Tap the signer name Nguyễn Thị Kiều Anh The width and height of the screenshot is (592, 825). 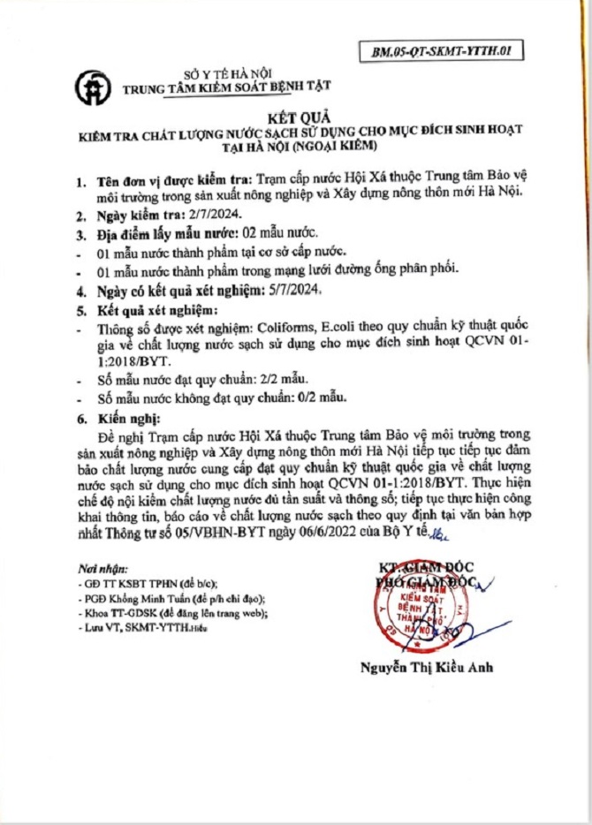427,667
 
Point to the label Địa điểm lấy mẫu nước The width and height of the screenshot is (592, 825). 163,233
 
